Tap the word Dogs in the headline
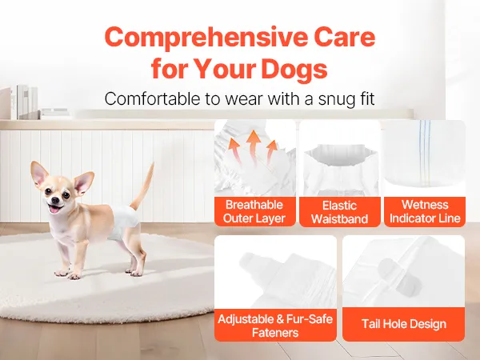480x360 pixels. [x=294, y=69]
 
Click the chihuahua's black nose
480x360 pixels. [x=55, y=200]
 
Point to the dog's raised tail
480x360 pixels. [x=142, y=186]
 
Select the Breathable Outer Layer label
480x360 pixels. [x=254, y=211]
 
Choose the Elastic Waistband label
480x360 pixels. [x=339, y=212]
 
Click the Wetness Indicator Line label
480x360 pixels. [x=425, y=211]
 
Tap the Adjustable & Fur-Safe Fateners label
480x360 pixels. [x=275, y=326]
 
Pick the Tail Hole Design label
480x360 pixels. [x=404, y=324]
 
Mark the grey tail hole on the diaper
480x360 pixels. [x=394, y=277]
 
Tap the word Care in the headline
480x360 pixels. [x=344, y=38]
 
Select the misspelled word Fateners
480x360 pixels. [x=275, y=333]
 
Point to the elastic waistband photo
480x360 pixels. [x=340, y=158]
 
